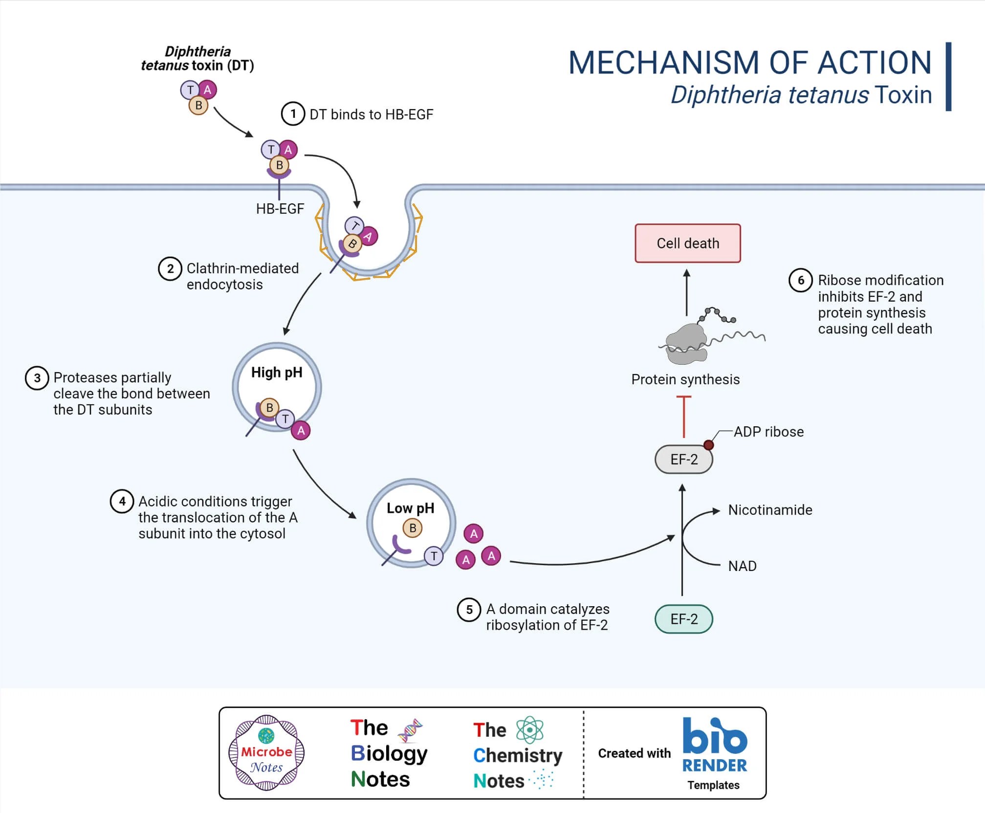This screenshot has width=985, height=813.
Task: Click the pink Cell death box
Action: pyautogui.click(x=687, y=243)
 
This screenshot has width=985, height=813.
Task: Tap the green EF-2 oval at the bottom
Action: pyautogui.click(x=683, y=619)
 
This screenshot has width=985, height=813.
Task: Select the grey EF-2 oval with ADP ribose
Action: pyautogui.click(x=683, y=459)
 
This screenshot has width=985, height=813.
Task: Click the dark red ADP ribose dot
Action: pyautogui.click(x=708, y=445)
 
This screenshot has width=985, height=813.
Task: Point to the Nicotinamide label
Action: pyautogui.click(x=770, y=510)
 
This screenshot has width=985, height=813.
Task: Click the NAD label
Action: pyautogui.click(x=742, y=566)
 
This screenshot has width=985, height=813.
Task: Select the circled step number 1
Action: pyautogui.click(x=293, y=114)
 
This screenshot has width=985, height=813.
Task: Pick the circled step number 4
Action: pyautogui.click(x=122, y=501)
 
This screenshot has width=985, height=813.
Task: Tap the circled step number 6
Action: pyautogui.click(x=800, y=280)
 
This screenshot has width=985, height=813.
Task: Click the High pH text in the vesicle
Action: pyautogui.click(x=277, y=373)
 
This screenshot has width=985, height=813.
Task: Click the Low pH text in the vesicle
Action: pyautogui.click(x=410, y=508)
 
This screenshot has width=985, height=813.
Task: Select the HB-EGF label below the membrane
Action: pyautogui.click(x=280, y=209)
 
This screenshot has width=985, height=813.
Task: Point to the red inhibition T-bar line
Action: pyautogui.click(x=683, y=416)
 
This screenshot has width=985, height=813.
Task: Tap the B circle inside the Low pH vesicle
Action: pyautogui.click(x=413, y=528)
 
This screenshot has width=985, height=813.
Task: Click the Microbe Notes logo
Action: pyautogui.click(x=266, y=753)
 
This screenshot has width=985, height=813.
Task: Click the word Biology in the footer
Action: pyautogui.click(x=389, y=753)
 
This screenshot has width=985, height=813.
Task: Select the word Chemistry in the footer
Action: pyautogui.click(x=518, y=755)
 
